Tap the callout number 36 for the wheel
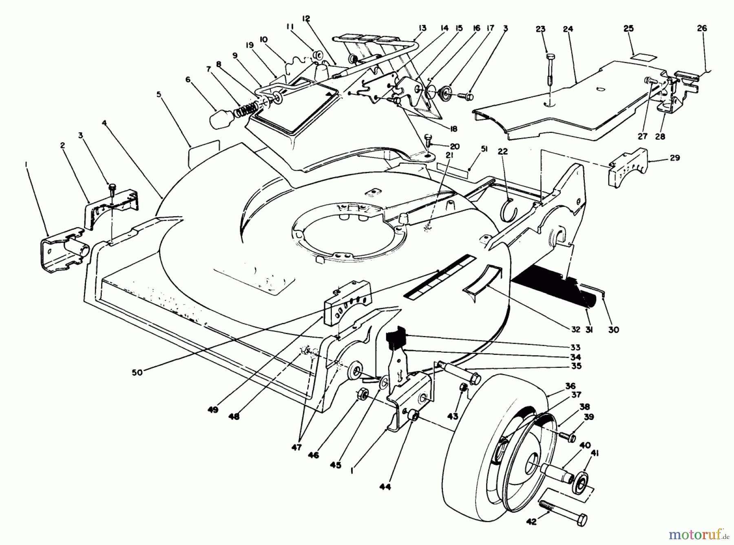click(x=570, y=386)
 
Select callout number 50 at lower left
click(x=137, y=372)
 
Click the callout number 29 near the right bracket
click(x=675, y=157)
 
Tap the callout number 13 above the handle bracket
click(x=422, y=28)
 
